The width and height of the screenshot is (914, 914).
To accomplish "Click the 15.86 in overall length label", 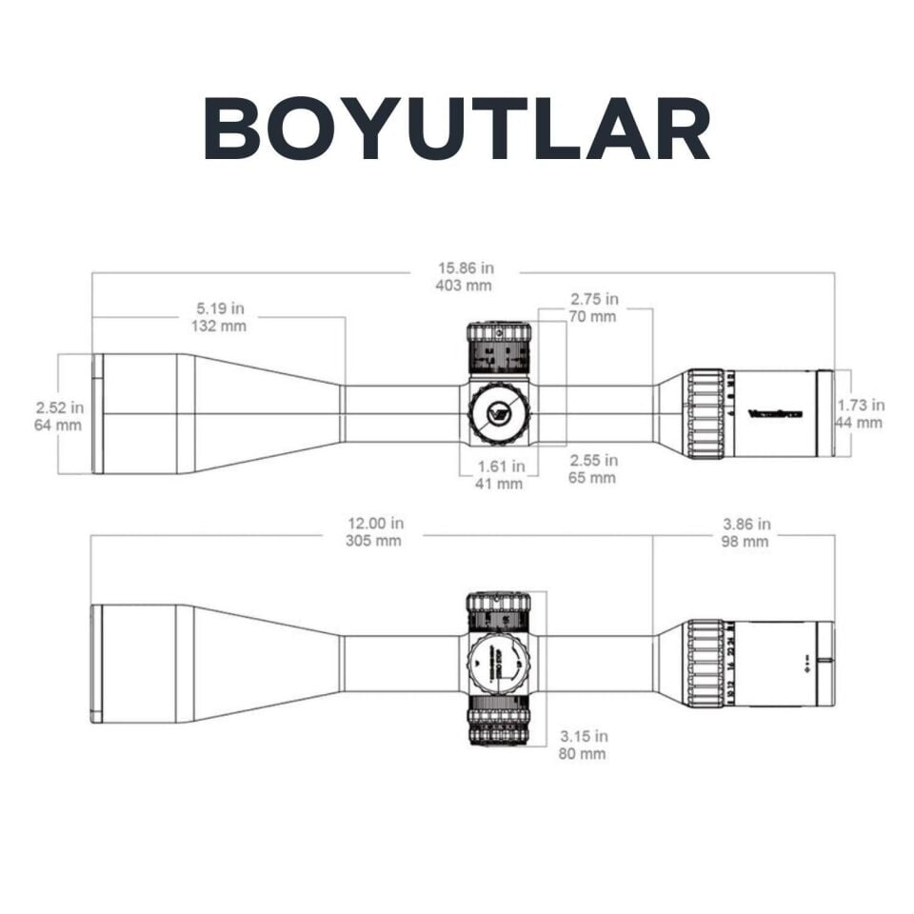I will click(466, 268).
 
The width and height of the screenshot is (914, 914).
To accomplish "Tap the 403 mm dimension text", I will click(466, 286).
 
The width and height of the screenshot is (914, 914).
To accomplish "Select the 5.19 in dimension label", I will click(220, 308).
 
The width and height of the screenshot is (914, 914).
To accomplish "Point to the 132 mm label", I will click(220, 326).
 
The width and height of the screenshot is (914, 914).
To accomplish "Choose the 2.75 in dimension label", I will click(594, 299).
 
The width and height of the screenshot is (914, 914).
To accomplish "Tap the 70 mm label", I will click(594, 316).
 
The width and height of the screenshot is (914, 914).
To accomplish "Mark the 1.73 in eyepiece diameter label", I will click(861, 406).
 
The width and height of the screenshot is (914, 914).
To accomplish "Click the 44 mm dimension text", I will click(861, 423).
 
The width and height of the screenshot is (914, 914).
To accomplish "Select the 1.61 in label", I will click(501, 467).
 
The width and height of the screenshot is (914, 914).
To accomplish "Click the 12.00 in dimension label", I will click(374, 524).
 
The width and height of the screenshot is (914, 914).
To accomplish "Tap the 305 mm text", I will click(374, 541).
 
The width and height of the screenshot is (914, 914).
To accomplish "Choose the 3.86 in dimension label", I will click(745, 525).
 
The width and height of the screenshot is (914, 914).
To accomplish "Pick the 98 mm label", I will click(745, 542).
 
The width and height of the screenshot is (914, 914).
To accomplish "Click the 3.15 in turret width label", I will click(583, 737).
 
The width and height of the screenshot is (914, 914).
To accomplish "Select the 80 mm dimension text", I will click(583, 754).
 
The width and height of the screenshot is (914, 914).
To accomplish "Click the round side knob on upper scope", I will click(499, 413).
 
